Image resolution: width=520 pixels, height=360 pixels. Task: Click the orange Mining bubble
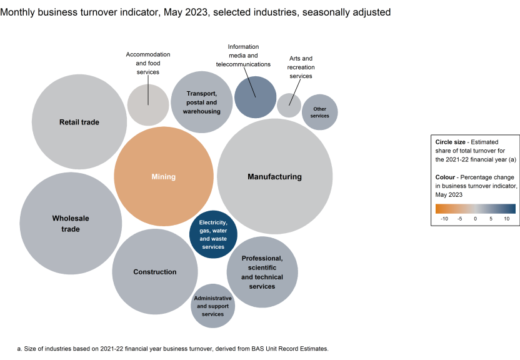click(x=164, y=177)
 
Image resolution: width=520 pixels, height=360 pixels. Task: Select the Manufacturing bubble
click(x=274, y=177)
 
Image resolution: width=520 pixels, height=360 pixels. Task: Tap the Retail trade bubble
click(x=79, y=122)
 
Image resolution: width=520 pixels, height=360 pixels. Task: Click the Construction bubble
click(x=154, y=272)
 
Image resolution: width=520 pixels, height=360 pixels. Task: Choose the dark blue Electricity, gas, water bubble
click(x=213, y=234)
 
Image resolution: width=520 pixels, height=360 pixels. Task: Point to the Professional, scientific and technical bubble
click(x=262, y=272)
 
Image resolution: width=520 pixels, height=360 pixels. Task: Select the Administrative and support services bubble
click(x=213, y=306)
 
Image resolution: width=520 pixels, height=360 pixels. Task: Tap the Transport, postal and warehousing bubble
click(x=202, y=102)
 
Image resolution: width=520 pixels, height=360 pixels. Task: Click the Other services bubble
click(x=319, y=112)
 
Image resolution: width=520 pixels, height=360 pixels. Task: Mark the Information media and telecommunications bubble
click(x=255, y=97)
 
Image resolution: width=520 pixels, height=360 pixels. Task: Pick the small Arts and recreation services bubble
click(x=289, y=105)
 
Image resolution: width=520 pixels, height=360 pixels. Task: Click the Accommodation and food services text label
click(x=148, y=63)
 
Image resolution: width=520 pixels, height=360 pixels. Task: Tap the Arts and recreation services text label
click(x=299, y=67)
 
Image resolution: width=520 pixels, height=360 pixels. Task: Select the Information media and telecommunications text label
click(x=243, y=56)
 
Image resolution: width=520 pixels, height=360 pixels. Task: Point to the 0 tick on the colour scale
click(x=475, y=219)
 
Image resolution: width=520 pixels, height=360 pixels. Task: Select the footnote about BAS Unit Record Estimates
click(x=172, y=348)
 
